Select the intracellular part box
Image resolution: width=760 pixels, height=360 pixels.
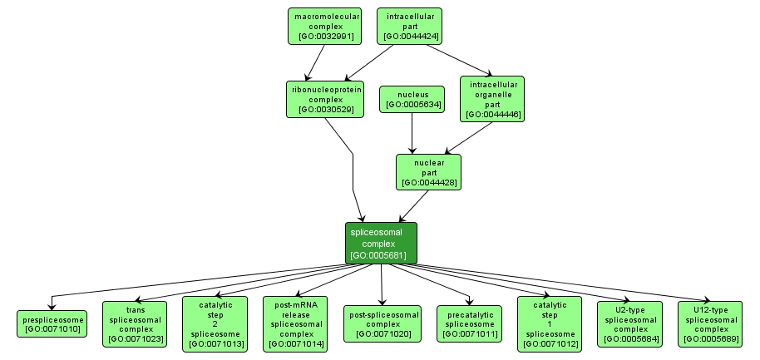click(408, 26)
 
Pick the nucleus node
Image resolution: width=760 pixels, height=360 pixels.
click(412, 99)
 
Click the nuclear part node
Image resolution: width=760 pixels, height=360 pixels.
click(429, 171)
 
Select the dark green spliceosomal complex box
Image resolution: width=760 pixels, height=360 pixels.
click(381, 243)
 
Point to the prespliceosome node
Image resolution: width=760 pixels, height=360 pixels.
click(52, 323)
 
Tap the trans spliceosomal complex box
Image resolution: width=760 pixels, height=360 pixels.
click(136, 323)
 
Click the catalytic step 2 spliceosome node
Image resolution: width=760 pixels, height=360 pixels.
click(215, 323)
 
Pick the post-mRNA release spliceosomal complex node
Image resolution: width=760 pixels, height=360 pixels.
click(295, 323)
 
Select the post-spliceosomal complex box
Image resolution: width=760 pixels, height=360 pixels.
click(382, 323)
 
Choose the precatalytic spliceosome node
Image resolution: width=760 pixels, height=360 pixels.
click(469, 323)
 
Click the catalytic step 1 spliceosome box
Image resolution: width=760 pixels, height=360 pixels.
click(549, 323)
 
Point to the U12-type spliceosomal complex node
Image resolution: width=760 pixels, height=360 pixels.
click(709, 323)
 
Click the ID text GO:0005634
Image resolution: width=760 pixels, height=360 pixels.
click(412, 105)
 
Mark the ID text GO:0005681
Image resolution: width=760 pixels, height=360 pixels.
click(381, 255)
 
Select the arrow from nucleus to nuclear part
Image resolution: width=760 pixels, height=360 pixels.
click(413, 133)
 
